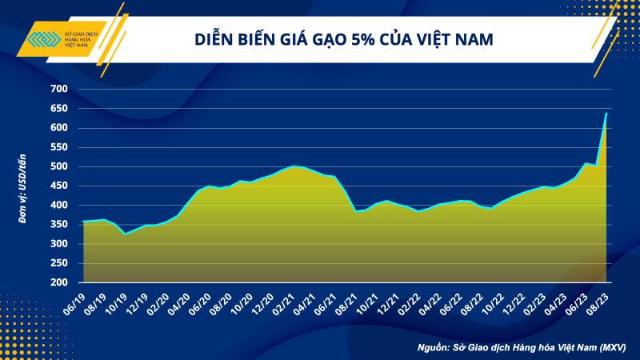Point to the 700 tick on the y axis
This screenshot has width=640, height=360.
click(61, 89)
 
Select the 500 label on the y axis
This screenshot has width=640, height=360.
click(61, 166)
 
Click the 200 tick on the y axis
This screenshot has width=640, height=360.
click(61, 283)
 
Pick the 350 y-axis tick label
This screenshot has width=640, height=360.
click(61, 225)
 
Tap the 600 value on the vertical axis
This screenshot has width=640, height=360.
click(61, 128)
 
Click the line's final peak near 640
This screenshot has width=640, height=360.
click(606, 114)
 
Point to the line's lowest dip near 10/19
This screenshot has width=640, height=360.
click(125, 234)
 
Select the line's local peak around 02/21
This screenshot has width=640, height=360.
click(294, 166)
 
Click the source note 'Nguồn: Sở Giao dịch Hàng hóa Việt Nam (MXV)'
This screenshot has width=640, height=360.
click(521, 348)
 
